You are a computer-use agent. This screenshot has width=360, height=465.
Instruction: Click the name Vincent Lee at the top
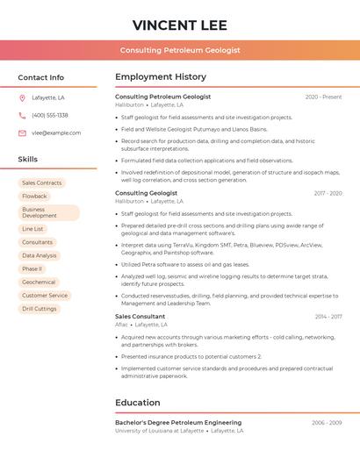(180, 25)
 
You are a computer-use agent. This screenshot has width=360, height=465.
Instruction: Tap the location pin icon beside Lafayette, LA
(22, 97)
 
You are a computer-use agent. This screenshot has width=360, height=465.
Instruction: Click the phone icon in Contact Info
(22, 115)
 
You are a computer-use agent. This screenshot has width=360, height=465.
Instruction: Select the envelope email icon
(22, 133)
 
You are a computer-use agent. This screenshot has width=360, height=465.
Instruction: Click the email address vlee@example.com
(56, 133)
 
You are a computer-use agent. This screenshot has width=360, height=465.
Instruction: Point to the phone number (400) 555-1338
(50, 115)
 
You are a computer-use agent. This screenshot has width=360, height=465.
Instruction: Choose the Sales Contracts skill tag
(41, 182)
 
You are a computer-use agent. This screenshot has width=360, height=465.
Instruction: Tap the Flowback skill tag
(35, 197)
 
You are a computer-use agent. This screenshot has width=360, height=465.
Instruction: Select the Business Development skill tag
(48, 212)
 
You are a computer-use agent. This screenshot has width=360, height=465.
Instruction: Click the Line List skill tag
(32, 229)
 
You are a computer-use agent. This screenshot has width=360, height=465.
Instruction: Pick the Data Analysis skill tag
(40, 255)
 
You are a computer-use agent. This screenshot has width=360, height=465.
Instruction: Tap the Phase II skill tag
(32, 268)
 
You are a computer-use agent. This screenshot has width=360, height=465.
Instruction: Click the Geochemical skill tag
(39, 282)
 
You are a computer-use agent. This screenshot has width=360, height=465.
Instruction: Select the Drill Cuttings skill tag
(40, 309)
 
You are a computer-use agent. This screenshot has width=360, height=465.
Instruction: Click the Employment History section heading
(161, 77)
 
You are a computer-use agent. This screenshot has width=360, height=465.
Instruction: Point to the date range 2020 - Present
(323, 97)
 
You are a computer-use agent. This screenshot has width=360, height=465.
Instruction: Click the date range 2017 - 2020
(328, 193)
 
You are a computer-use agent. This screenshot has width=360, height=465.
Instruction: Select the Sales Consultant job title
(140, 316)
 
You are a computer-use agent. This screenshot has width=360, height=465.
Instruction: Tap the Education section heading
(138, 403)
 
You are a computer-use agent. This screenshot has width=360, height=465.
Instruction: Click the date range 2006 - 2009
(327, 423)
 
